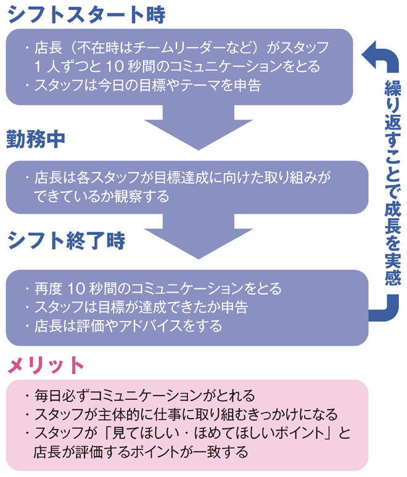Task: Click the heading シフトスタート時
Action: pos(86,15)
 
